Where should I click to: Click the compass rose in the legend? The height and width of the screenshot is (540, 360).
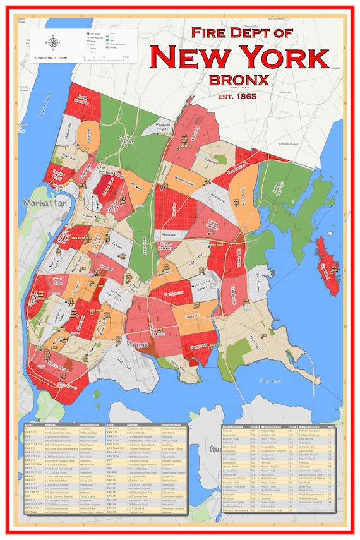pos(51,42)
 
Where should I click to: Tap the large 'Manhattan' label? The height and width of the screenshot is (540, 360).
pos(45,204)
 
